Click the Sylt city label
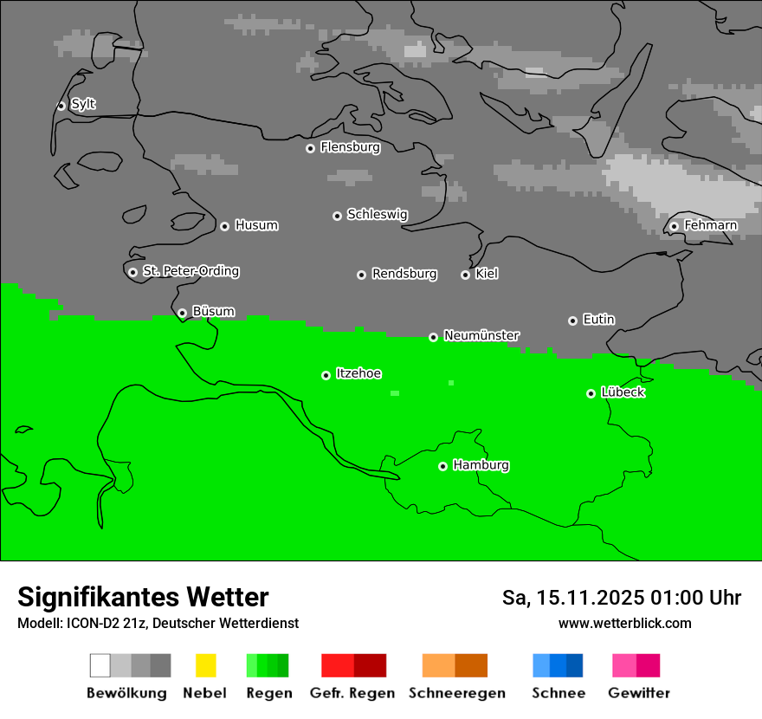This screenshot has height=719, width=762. click(83, 104)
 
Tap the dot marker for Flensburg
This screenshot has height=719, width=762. click(310, 148)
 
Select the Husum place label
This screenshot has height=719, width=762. click(256, 225)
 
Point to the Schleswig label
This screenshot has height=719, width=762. click(377, 214)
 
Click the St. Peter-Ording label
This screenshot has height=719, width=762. click(190, 271)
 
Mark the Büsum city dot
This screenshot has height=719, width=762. click(182, 313)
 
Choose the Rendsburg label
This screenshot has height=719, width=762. click(404, 274)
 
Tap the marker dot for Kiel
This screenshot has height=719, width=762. click(465, 275)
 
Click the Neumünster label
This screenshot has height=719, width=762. click(481, 335)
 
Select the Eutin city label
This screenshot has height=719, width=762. click(598, 320)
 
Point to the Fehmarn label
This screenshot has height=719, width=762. click(710, 225)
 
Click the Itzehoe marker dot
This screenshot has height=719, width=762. click(326, 375)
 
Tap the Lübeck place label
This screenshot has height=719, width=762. click(623, 392)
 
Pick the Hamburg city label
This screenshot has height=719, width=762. click(481, 465)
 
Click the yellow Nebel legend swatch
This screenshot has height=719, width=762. click(205, 665)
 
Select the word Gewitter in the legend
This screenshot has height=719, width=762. click(639, 693)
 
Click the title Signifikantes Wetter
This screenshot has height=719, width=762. click(143, 597)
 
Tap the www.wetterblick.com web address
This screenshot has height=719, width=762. click(624, 623)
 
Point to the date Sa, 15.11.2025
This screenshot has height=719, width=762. click(572, 598)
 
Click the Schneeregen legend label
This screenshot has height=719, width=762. click(457, 693)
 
